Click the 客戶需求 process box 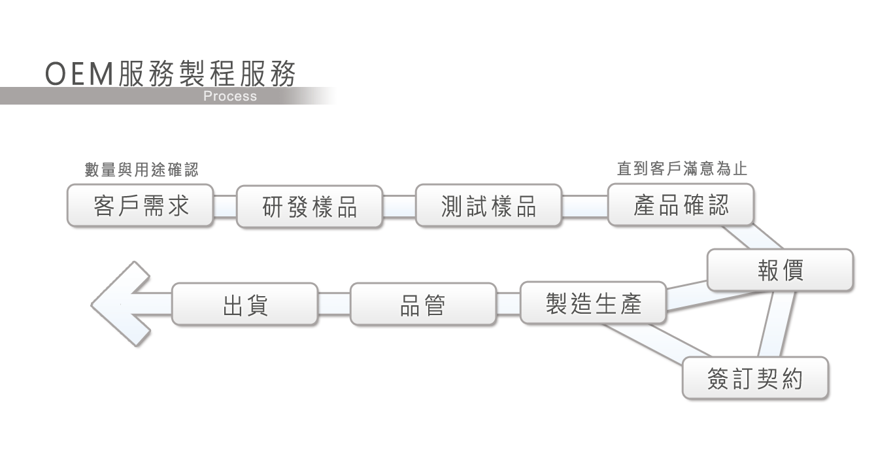pos(140,205)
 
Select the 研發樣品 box pos(309,207)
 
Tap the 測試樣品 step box pos(488,206)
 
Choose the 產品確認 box pos(681,205)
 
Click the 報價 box pos(780,270)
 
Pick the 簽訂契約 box pos(755,378)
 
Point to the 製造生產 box pos(593,303)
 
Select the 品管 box pos(422,304)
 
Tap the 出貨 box pos(244,304)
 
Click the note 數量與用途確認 pos(141,170)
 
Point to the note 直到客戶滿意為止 pos(682,169)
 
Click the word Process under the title pos(229,97)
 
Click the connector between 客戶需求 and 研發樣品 pos(224,206)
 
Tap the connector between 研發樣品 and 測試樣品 pos(399,206)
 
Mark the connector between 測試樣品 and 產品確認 pos(584,206)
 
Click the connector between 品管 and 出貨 pos(334,304)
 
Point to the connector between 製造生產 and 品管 pos(508,303)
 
